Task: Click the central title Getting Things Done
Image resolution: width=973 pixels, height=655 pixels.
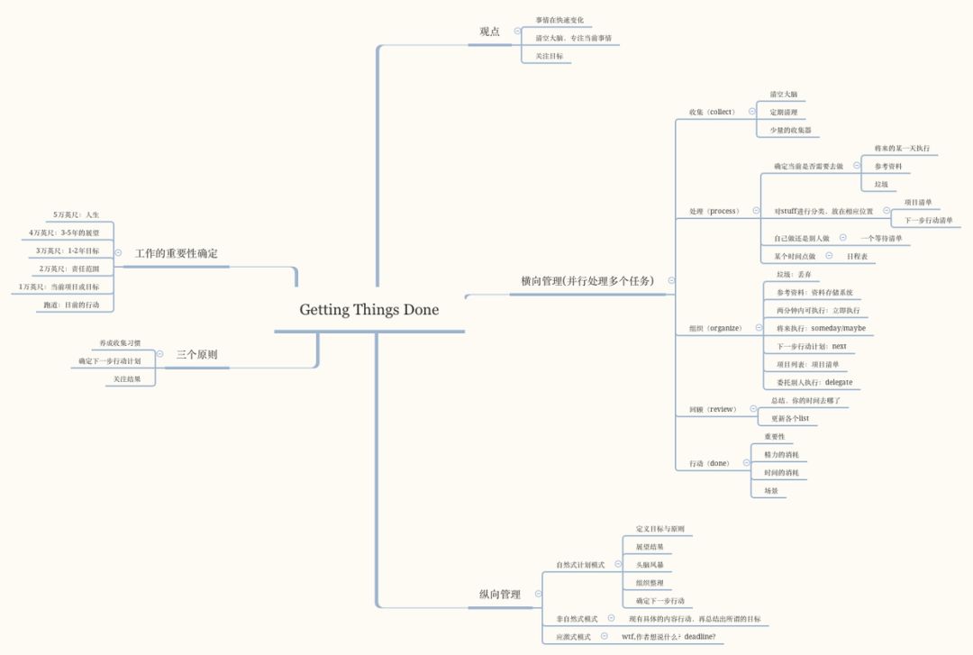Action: point(369,310)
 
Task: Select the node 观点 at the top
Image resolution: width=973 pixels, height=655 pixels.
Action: point(490,32)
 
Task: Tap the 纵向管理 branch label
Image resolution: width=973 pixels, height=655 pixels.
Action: point(500,595)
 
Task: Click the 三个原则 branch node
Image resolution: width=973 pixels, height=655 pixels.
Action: point(196,355)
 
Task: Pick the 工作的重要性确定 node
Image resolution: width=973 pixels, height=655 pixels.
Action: point(177,253)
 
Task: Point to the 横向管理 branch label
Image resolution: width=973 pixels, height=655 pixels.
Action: point(587,281)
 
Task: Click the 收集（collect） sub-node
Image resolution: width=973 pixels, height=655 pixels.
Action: point(712,113)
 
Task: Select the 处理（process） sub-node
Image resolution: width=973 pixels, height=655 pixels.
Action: point(714,212)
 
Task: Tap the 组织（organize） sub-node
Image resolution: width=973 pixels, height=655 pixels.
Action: point(715,329)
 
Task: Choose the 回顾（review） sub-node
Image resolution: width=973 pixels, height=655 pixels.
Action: point(713,409)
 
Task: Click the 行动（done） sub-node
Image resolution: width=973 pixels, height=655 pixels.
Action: point(709,463)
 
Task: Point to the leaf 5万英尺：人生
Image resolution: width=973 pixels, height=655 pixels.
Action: point(76,214)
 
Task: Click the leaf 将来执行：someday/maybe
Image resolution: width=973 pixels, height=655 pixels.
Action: point(821,329)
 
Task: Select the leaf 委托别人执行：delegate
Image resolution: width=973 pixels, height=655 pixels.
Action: point(814,382)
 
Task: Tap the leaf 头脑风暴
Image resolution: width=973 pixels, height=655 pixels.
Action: point(650,565)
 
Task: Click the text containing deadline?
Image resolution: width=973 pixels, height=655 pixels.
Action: point(668,637)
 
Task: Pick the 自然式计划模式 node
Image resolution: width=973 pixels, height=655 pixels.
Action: point(580,565)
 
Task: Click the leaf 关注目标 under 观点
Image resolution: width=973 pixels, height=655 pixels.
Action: point(549,56)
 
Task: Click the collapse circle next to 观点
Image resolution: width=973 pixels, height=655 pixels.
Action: point(517,32)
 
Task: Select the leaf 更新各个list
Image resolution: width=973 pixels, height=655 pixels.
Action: point(789,419)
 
